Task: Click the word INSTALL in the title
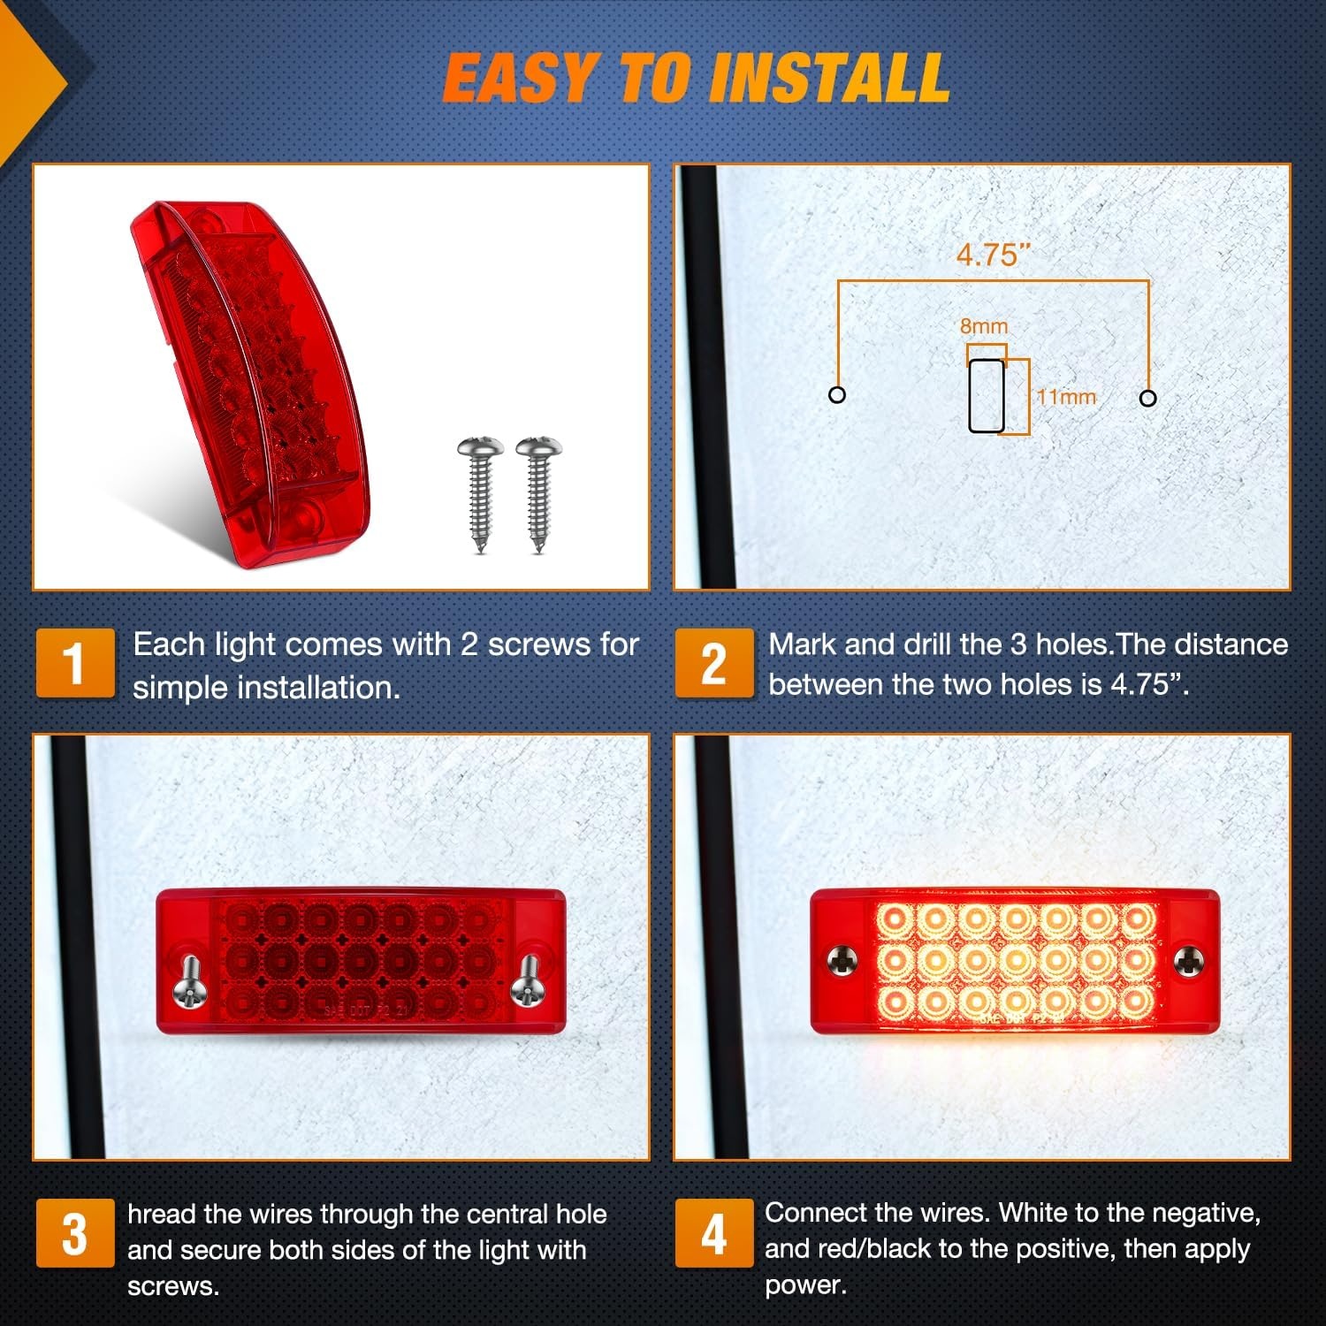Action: [x=829, y=78]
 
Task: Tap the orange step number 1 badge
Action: [x=75, y=663]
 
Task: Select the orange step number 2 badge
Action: [x=714, y=663]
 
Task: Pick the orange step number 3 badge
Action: [x=75, y=1233]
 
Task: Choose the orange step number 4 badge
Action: [x=714, y=1233]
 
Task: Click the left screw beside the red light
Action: [x=481, y=495]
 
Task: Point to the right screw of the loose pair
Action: [x=538, y=495]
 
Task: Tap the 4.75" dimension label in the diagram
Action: [x=994, y=255]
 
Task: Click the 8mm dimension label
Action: [x=984, y=326]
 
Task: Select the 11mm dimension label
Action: [x=1066, y=397]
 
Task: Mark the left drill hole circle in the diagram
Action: [x=837, y=395]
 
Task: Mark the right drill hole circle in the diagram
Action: [x=1148, y=398]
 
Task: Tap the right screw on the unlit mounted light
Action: [x=526, y=980]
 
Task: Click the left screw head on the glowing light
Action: [x=843, y=958]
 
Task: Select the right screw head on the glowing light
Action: [x=1188, y=958]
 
